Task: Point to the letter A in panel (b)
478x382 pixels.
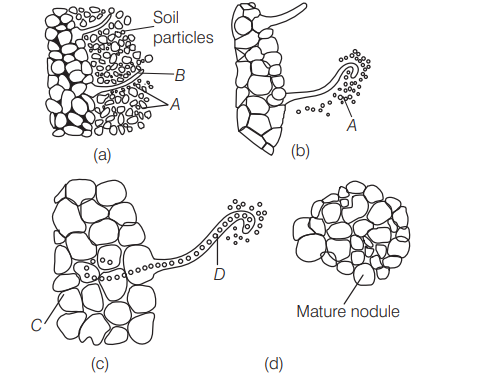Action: (351, 126)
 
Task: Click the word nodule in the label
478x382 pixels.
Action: (377, 311)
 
